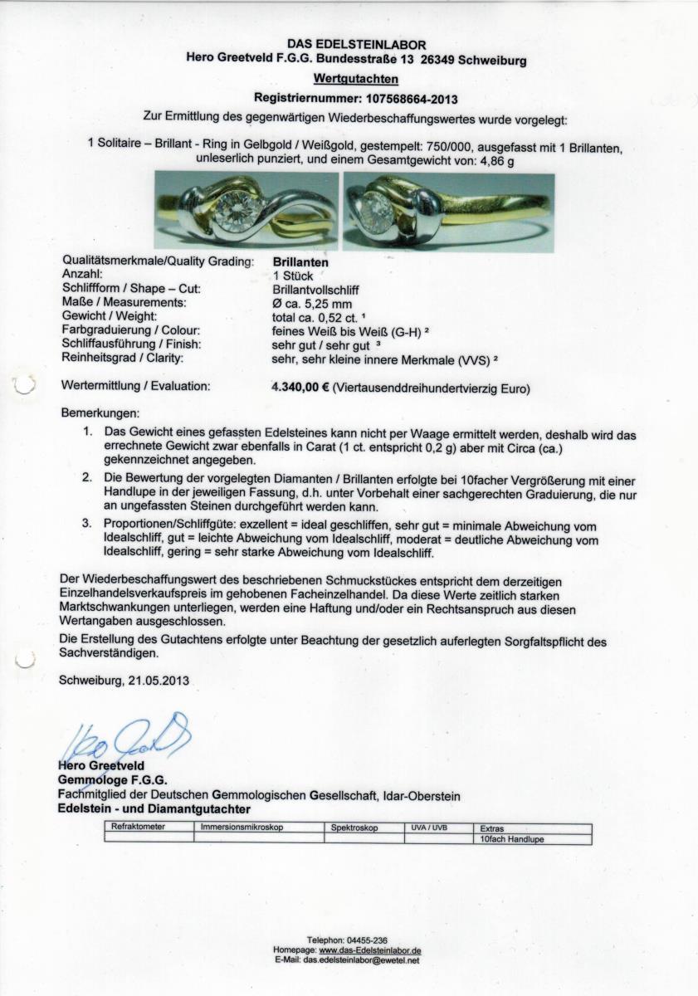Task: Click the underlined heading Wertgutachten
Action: point(355,80)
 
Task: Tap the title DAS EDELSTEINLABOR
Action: point(356,44)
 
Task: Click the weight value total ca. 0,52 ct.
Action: point(311,317)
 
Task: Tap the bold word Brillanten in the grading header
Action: point(299,261)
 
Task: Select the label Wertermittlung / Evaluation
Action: point(136,387)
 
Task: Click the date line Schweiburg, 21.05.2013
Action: point(124,681)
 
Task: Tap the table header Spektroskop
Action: point(354,828)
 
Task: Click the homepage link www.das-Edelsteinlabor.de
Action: point(370,950)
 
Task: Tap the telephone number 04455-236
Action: point(370,940)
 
